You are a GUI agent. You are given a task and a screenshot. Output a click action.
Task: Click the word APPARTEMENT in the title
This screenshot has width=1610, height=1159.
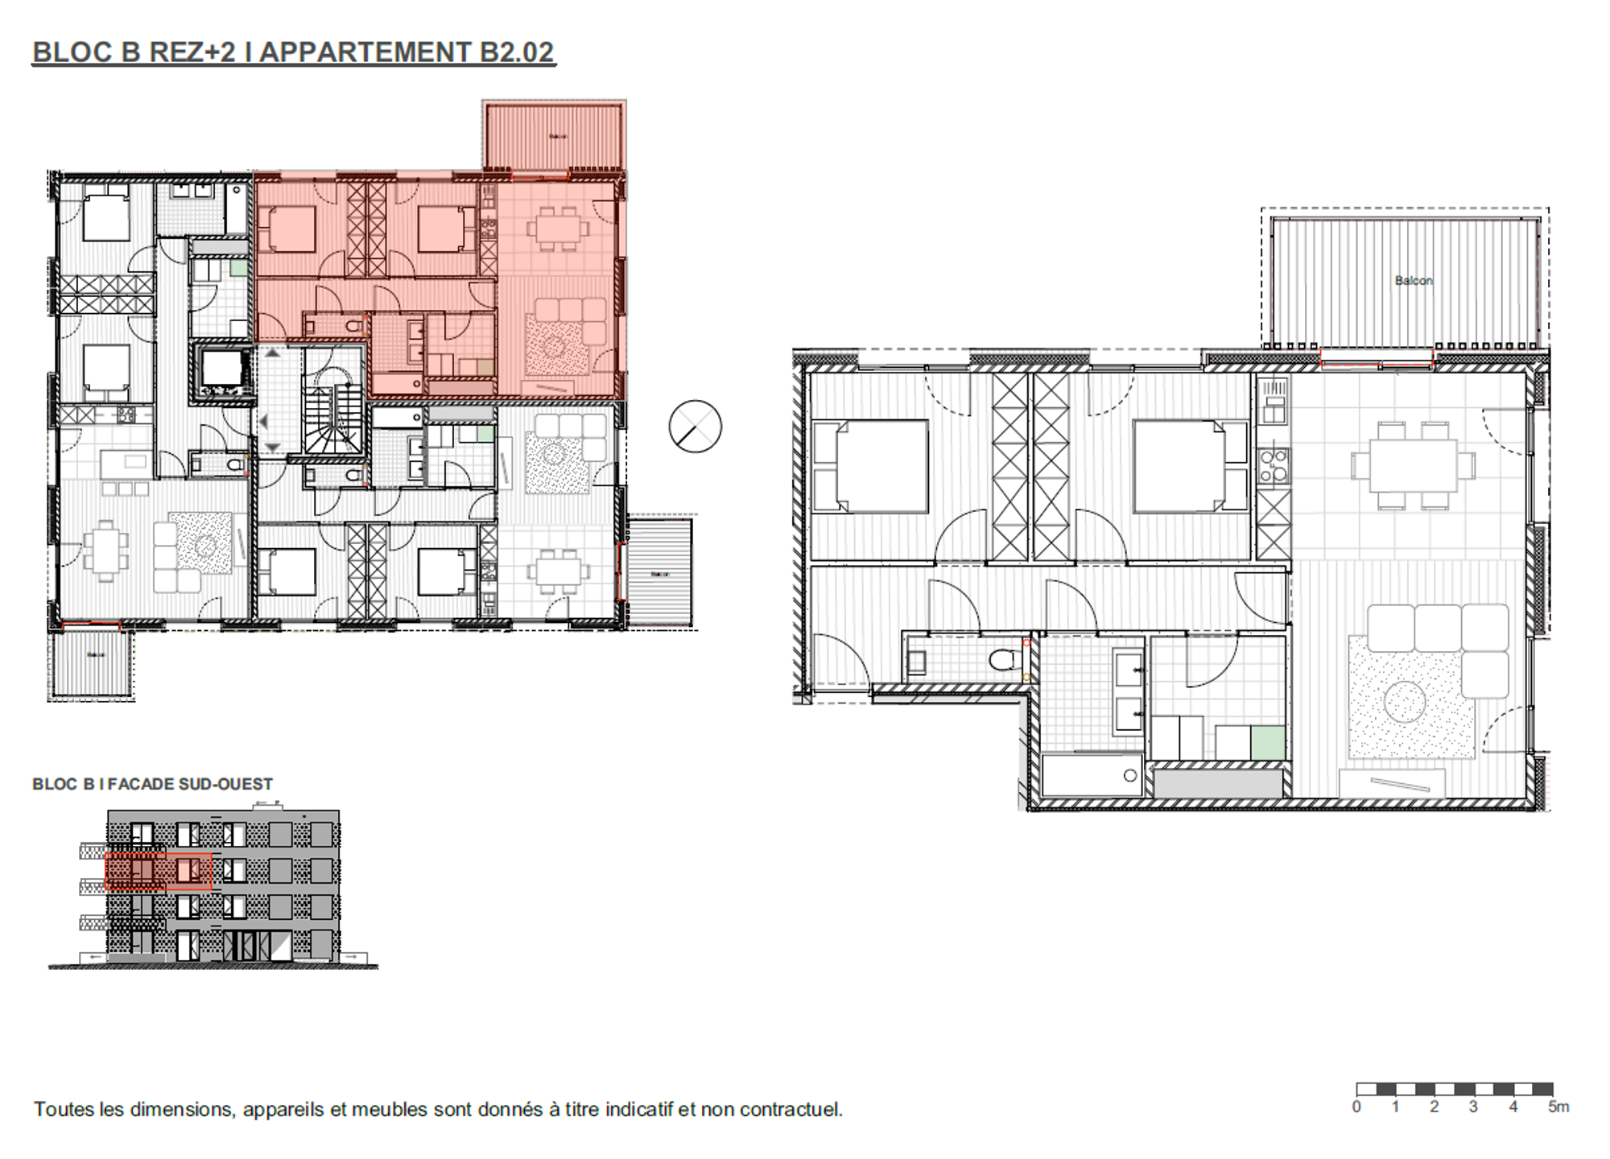[365, 52]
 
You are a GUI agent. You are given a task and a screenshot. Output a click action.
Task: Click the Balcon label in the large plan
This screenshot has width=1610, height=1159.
[1413, 281]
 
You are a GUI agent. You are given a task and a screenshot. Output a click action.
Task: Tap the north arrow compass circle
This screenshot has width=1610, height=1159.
[695, 427]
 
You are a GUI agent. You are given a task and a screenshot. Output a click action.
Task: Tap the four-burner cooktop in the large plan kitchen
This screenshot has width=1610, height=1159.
[1273, 466]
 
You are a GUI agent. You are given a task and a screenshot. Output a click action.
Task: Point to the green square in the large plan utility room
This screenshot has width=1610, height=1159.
[1268, 742]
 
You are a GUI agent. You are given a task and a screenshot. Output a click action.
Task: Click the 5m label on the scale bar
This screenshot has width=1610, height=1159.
[1558, 1107]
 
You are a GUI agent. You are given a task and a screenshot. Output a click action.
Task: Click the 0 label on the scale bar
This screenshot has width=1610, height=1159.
[1356, 1107]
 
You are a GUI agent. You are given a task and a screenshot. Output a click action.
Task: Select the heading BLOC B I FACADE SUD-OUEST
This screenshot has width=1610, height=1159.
[152, 784]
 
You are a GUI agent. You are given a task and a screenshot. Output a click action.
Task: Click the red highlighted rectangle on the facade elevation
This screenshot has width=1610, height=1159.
[158, 872]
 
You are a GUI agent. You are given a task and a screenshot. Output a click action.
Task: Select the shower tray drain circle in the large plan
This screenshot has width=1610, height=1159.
[1130, 776]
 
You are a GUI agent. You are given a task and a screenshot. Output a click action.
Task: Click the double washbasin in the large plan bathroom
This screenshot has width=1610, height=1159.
[1128, 693]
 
